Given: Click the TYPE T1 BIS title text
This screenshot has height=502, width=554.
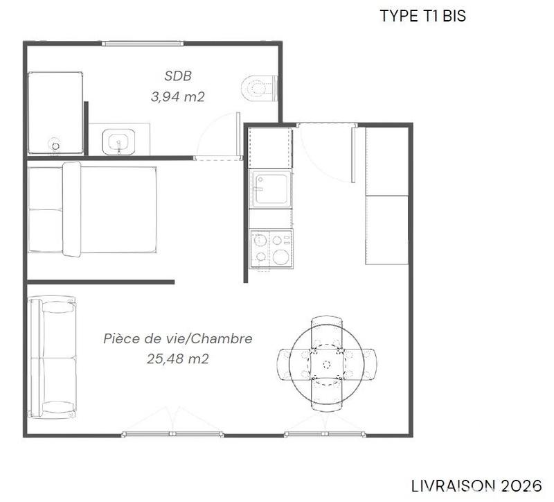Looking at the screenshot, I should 422,16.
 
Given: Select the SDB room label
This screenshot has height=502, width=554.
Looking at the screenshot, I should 177,76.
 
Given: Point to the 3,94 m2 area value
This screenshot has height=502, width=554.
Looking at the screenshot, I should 177,96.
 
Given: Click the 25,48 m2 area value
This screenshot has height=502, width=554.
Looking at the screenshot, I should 177,358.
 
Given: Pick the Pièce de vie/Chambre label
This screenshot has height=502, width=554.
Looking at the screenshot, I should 177,339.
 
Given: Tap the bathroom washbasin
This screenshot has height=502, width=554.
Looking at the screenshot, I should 119,141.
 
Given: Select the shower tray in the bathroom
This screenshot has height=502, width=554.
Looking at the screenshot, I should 55,113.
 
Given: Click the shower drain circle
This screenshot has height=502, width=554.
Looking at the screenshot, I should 55,145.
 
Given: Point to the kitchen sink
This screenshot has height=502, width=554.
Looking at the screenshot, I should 270,189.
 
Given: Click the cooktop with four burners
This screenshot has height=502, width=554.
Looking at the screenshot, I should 271,248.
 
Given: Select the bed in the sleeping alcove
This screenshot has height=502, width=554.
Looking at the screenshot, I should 91,209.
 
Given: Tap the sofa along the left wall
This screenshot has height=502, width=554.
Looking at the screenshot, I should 52,356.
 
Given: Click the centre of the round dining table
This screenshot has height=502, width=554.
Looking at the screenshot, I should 326,363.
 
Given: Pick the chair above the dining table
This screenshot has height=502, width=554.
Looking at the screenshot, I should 326,327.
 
